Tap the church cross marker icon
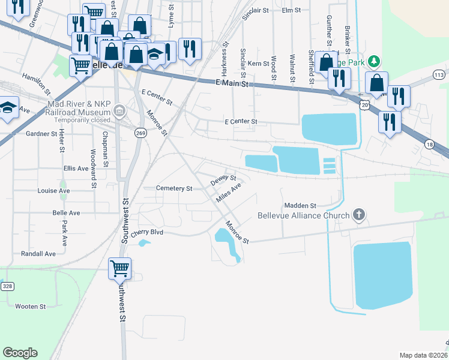point(359,215)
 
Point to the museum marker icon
point(119,110)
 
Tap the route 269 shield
point(140,133)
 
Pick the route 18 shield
point(429,144)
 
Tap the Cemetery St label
point(173,188)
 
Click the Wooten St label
point(31,307)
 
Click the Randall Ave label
point(38,254)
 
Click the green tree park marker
point(374,61)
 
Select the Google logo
point(20,353)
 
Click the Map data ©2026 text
point(423,355)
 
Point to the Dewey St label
point(223,179)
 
